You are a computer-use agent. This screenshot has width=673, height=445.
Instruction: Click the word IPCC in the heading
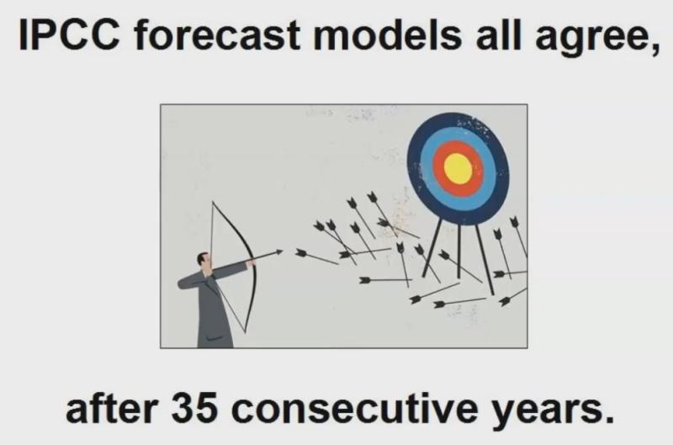click(x=69, y=34)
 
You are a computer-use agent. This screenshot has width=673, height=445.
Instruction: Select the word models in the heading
click(x=388, y=34)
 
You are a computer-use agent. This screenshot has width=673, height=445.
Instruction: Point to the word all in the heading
click(x=498, y=34)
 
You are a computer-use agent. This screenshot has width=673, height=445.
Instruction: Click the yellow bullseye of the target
click(x=458, y=168)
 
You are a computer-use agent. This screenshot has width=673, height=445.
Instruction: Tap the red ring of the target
click(x=437, y=168)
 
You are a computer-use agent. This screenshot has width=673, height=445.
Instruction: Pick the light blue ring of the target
click(x=426, y=168)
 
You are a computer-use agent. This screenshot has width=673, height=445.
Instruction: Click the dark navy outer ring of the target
click(x=413, y=168)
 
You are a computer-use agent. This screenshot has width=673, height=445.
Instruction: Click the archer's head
click(x=204, y=261)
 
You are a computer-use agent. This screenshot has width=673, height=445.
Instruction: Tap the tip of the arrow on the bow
click(x=283, y=251)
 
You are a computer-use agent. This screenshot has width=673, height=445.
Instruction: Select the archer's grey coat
click(x=210, y=309)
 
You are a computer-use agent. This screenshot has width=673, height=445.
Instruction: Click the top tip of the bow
click(x=213, y=202)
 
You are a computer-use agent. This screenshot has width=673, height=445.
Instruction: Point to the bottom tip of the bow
click(x=245, y=332)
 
